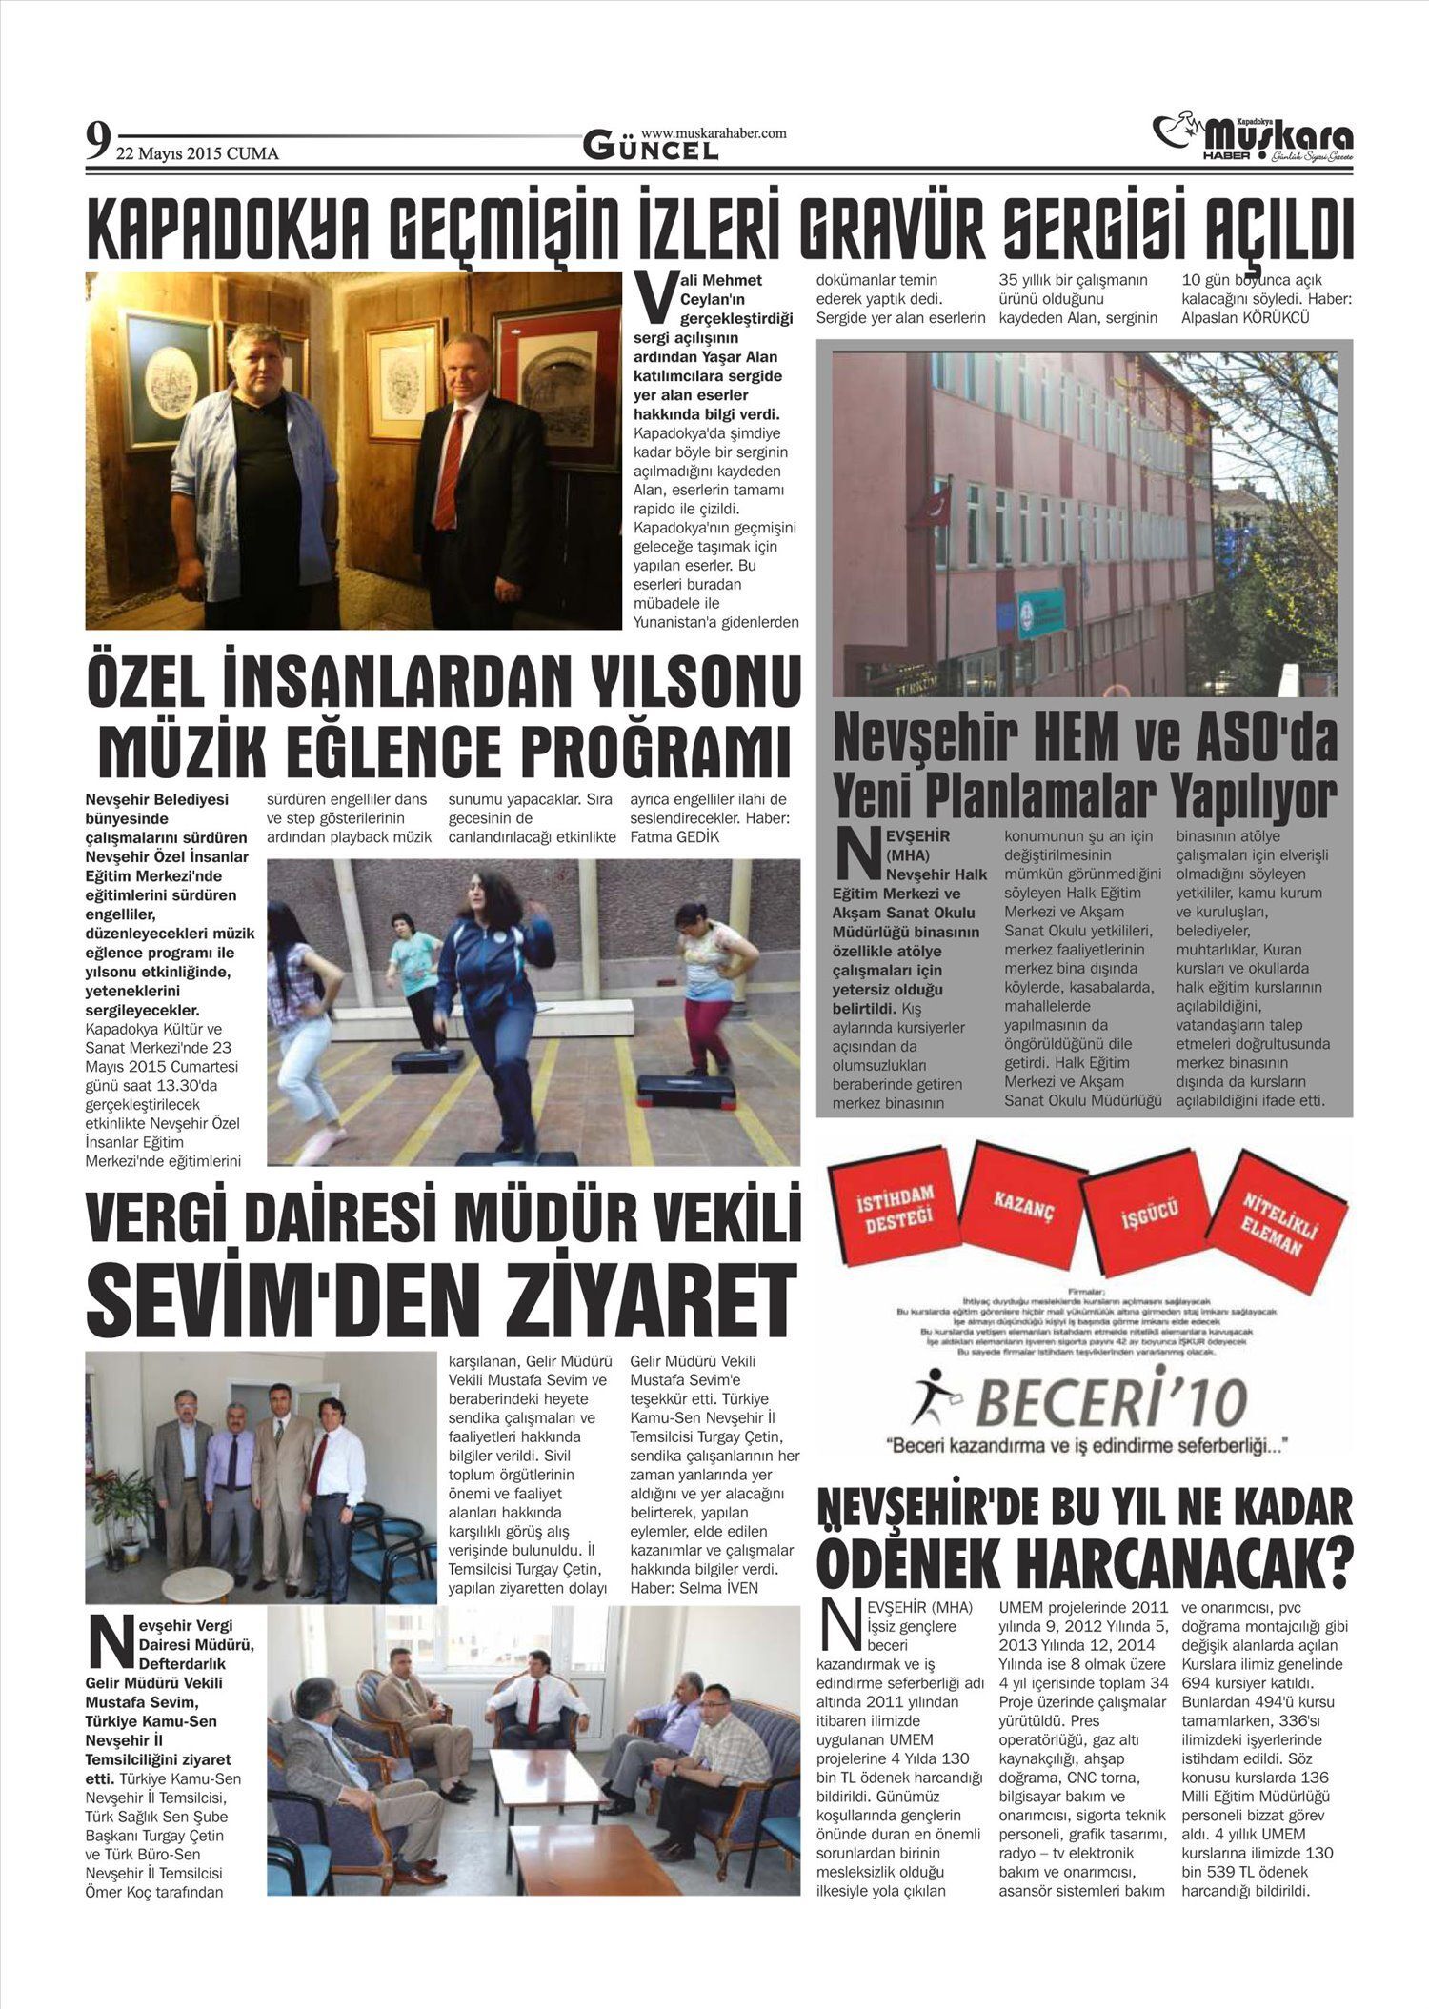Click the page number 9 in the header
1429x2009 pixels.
pyautogui.click(x=96, y=142)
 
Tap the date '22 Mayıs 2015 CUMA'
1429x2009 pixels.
pyautogui.click(x=197, y=152)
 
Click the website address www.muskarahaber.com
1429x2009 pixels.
pyautogui.click(x=714, y=133)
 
